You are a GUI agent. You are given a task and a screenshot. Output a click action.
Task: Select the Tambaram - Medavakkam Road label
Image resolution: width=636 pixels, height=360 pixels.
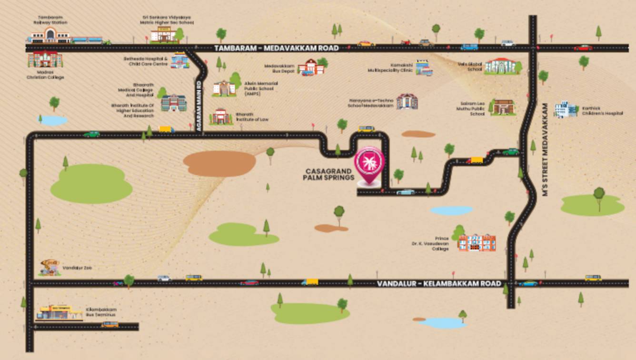click(x=276, y=48)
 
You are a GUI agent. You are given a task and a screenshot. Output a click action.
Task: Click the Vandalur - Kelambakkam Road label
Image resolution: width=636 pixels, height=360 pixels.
click(x=439, y=284)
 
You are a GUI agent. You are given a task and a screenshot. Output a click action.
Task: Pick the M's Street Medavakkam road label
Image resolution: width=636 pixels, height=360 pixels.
click(x=546, y=150)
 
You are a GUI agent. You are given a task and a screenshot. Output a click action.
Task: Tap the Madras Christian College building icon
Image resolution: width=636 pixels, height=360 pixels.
click(x=45, y=60)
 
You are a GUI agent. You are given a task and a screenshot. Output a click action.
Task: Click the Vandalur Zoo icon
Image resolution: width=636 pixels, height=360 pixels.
click(x=50, y=268)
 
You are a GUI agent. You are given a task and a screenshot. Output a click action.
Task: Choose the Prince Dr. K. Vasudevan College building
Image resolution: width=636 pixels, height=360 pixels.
click(x=477, y=242)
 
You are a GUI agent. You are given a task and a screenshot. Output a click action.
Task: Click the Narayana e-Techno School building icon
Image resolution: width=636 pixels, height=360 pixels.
click(x=407, y=101)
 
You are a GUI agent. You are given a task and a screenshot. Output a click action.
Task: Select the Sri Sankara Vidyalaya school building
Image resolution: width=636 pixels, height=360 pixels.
click(x=163, y=34)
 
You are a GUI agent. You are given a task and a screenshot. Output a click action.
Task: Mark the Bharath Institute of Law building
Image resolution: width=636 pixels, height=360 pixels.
click(x=221, y=116)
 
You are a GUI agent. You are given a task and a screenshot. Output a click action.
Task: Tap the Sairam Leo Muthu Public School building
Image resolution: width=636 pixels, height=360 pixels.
click(x=503, y=107)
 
